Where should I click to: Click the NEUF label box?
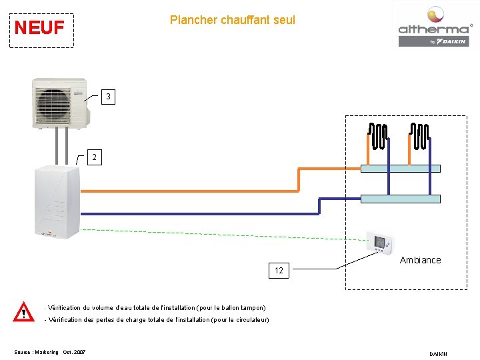40,29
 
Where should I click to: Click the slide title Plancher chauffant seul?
232,20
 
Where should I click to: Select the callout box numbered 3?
108,97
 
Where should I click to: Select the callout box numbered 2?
96,157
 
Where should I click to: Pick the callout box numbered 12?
279,271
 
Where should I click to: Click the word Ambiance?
420,260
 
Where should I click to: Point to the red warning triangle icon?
25,312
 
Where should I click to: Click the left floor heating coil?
378,137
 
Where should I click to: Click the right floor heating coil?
420,137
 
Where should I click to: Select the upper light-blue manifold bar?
400,169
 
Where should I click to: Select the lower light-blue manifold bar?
400,199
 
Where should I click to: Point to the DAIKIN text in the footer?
439,353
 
